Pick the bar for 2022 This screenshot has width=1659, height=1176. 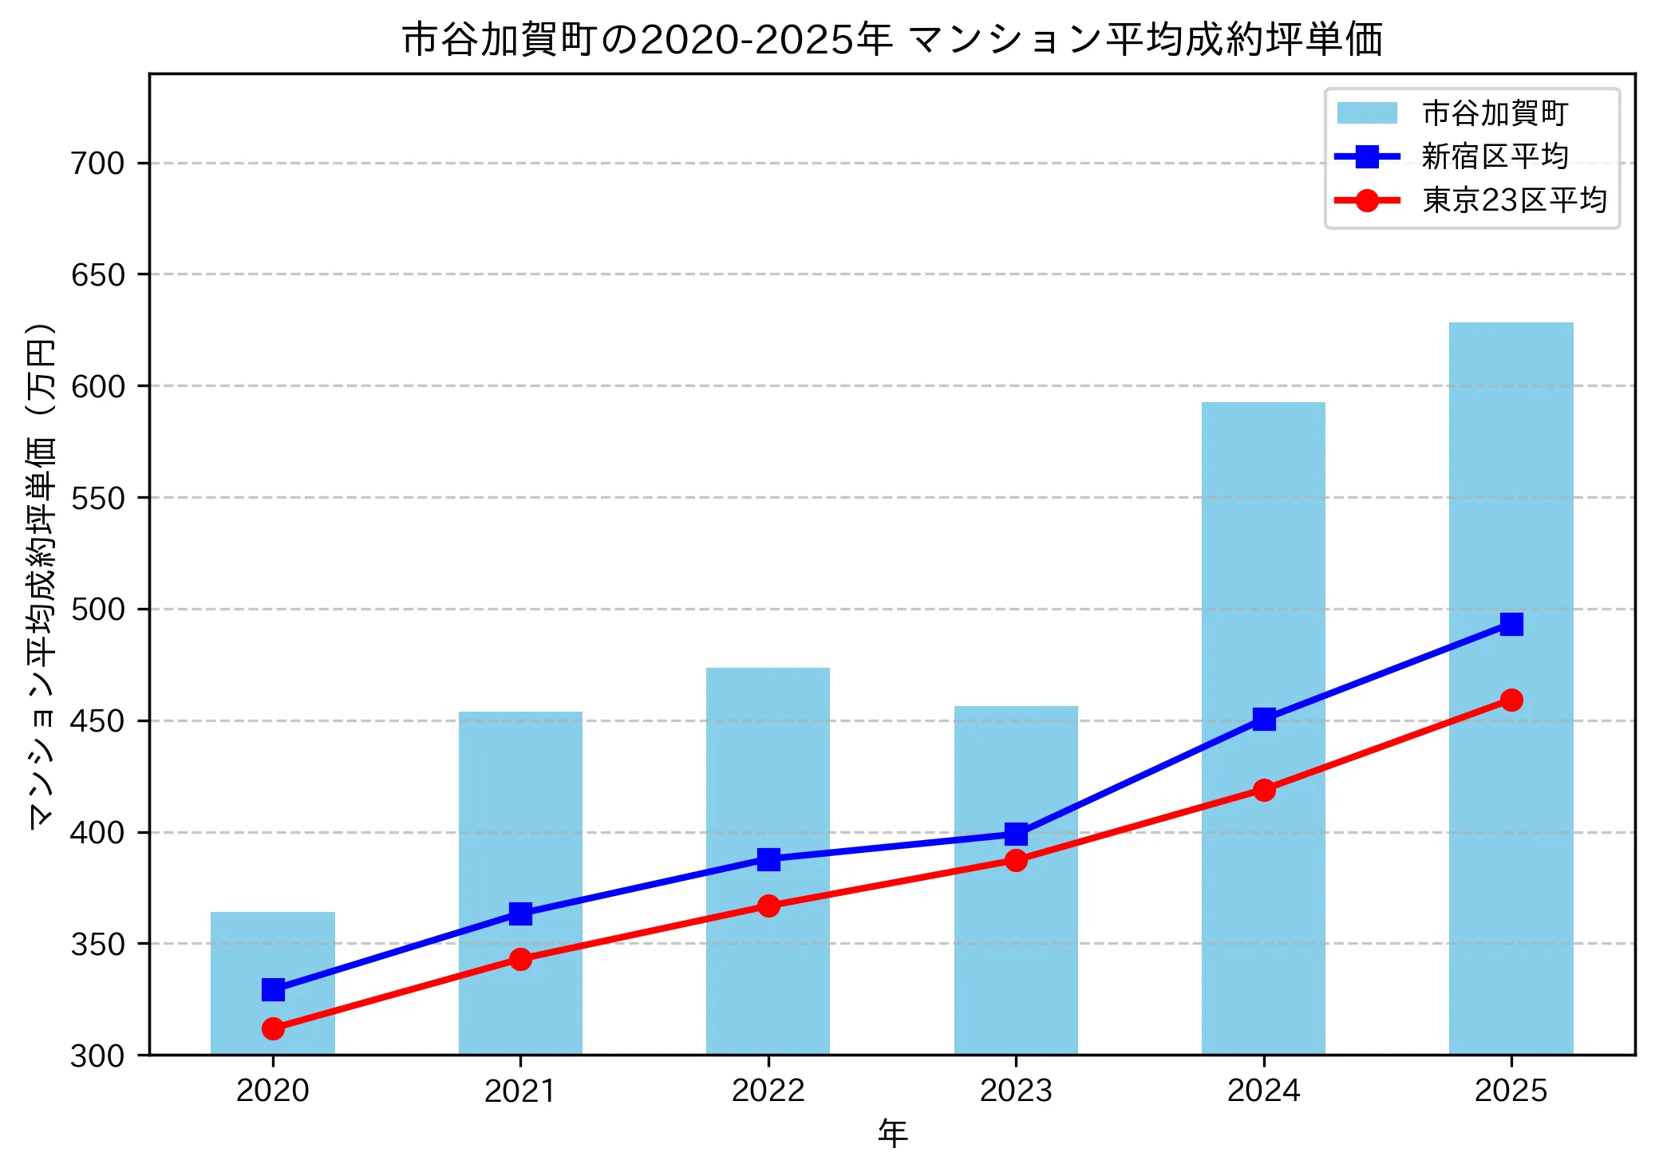click(x=768, y=766)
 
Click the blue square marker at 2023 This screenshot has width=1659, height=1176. click(x=1016, y=835)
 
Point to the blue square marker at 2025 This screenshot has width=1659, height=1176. click(x=1511, y=624)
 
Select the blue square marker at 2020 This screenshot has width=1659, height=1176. click(x=273, y=990)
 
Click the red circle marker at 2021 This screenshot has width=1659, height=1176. click(x=520, y=959)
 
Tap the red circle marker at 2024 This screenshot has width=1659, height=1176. click(x=1263, y=790)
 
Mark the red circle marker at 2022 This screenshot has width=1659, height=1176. click(x=768, y=906)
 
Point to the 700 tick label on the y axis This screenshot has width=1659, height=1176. click(x=98, y=164)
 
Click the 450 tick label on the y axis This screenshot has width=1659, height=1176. click(x=98, y=721)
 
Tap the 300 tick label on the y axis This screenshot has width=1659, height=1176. click(x=98, y=1056)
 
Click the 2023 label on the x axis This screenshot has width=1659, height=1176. click(x=1016, y=1091)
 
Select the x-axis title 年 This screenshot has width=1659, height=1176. click(x=892, y=1134)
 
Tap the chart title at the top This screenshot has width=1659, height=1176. click(x=892, y=40)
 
